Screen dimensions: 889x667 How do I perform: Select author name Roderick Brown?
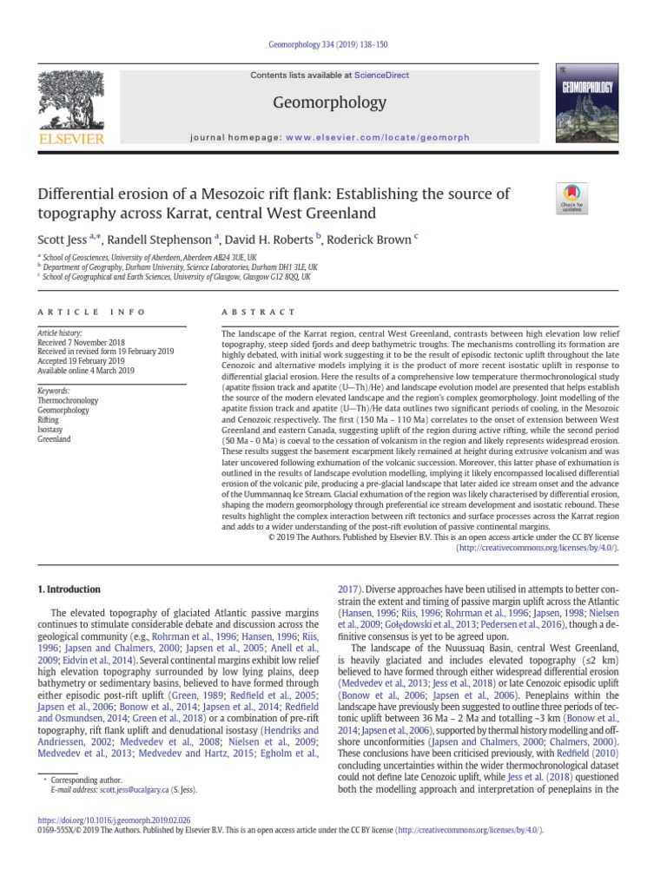coord(371,240)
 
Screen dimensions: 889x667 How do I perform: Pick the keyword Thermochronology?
coord(68,401)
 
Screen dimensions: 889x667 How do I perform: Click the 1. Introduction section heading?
coord(69,589)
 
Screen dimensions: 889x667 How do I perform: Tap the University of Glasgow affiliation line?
coord(173,276)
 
